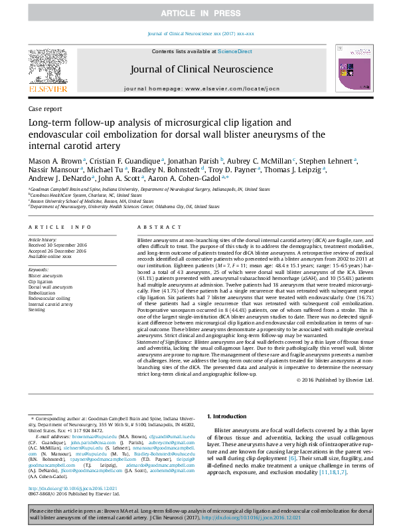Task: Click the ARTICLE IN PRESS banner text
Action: pos(197,13)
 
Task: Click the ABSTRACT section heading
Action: pos(150,227)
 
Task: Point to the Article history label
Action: pos(43,239)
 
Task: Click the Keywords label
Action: pos(39,269)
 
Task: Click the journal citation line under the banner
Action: pos(197,33)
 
